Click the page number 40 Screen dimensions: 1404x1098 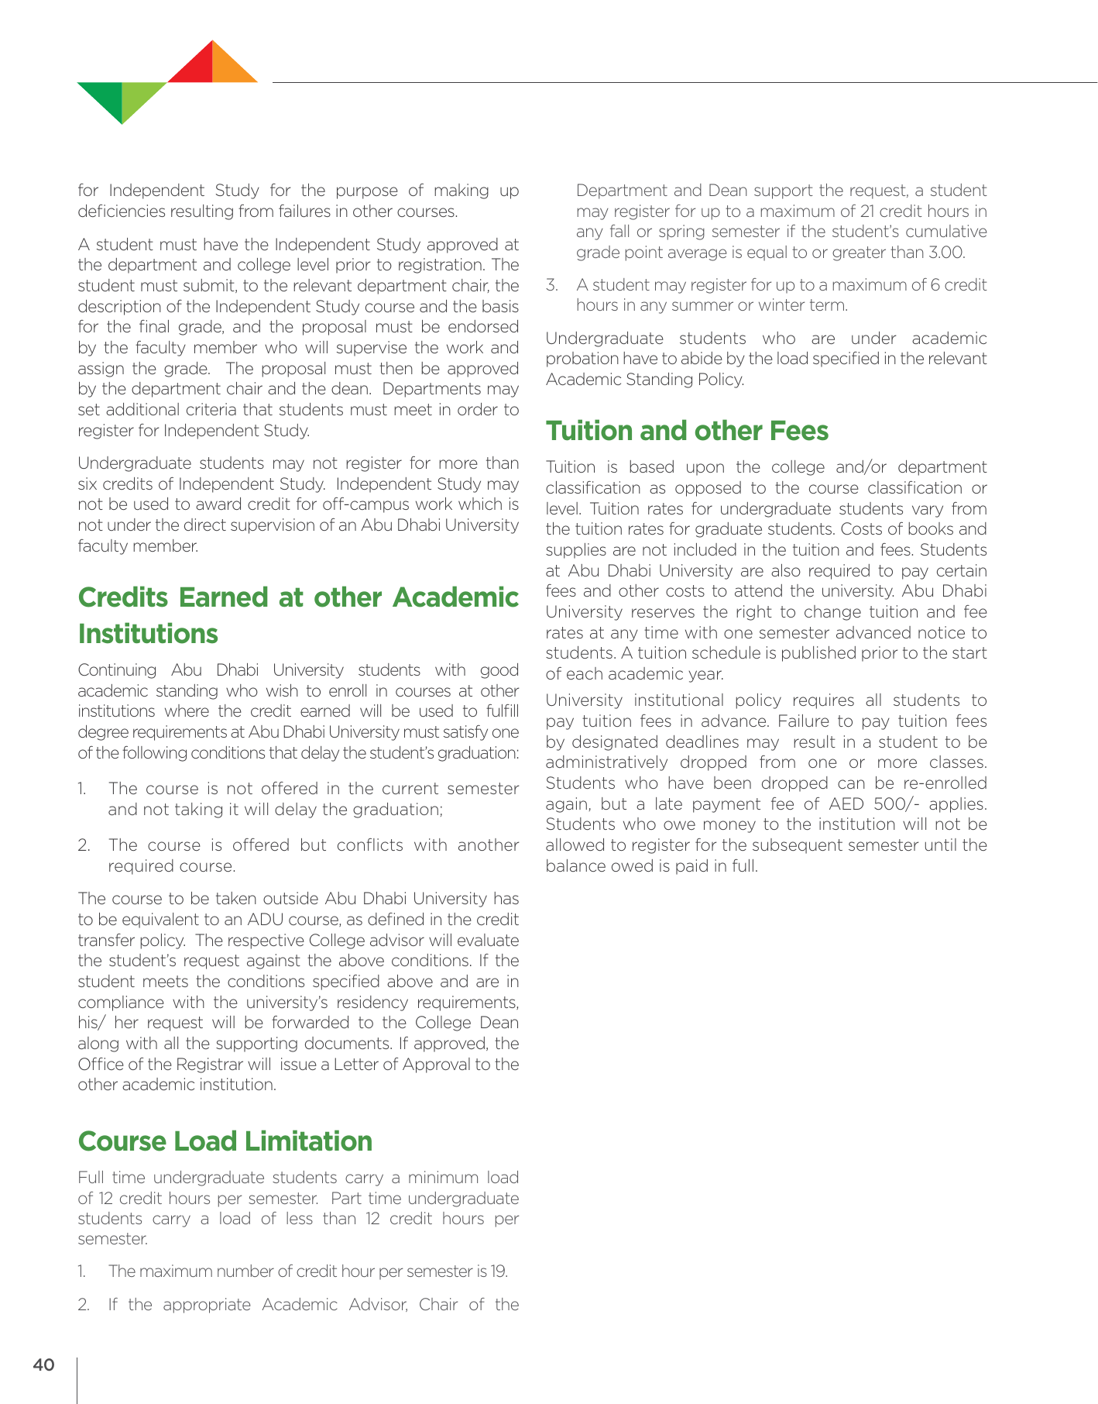pos(43,1364)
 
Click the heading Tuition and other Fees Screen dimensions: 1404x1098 pos(687,431)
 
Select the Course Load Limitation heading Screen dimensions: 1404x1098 pos(225,1141)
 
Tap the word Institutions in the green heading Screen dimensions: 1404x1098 pos(148,634)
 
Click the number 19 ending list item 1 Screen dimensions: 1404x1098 pos(499,1272)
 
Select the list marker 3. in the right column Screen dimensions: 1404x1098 pos(552,285)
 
